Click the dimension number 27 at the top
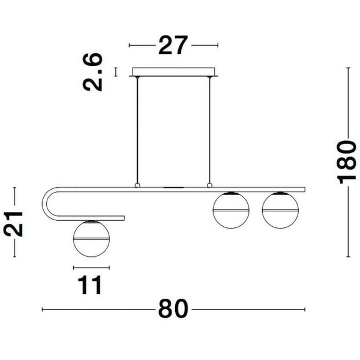click(173, 46)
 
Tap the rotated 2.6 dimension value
click(94, 72)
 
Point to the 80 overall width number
click(173, 310)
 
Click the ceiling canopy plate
click(173, 72)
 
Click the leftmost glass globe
click(89, 239)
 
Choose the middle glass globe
click(230, 209)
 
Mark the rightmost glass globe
click(278, 209)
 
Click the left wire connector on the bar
click(137, 185)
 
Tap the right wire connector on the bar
click(210, 185)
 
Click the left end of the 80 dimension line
click(43, 310)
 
